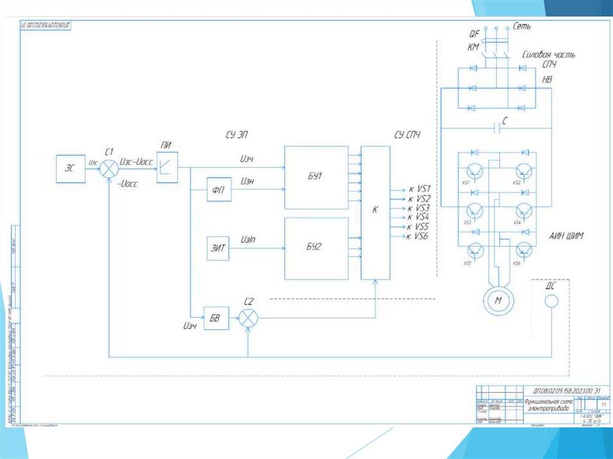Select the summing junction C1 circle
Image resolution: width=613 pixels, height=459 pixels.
pyautogui.click(x=109, y=168)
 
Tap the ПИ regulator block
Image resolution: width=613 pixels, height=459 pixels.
pyautogui.click(x=167, y=169)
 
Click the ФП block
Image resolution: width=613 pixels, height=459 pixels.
pyautogui.click(x=217, y=190)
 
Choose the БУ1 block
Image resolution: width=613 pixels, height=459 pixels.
pyautogui.click(x=316, y=177)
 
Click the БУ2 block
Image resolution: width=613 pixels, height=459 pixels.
pyautogui.click(x=316, y=248)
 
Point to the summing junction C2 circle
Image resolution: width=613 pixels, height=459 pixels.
pyautogui.click(x=248, y=318)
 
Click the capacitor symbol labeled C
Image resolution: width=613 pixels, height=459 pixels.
pyautogui.click(x=497, y=127)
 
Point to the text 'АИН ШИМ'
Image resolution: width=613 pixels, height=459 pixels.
pyautogui.click(x=566, y=236)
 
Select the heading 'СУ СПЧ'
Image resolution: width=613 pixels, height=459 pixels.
pyautogui.click(x=407, y=135)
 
